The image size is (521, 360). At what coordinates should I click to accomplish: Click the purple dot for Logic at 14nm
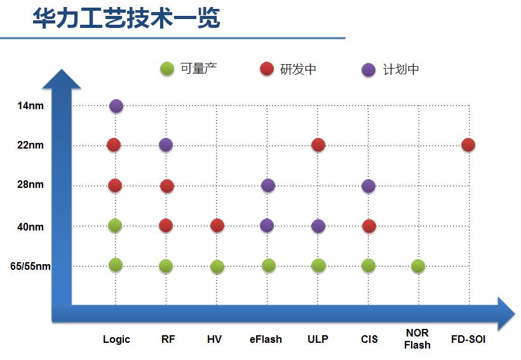pos(116,106)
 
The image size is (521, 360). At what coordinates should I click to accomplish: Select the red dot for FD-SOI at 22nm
pos(468,145)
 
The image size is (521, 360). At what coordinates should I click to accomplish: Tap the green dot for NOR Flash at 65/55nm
pos(418,266)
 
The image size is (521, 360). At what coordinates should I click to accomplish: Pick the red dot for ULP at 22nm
pos(318,145)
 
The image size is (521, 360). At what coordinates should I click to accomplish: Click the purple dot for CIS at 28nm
pos(369,186)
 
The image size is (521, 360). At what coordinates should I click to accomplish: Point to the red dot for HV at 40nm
pos(217,225)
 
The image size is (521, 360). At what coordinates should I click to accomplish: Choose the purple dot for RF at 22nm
pos(166,145)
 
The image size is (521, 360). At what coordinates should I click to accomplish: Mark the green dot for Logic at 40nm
pos(115,225)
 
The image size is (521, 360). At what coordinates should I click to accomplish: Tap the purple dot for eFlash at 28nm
pos(268,185)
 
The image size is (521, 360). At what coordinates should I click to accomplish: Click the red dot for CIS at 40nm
pos(369,225)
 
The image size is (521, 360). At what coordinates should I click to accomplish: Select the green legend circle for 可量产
pos(167,69)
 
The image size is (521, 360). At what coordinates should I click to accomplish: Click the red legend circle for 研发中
pos(267,69)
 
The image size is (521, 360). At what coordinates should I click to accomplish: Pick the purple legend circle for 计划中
pos(369,69)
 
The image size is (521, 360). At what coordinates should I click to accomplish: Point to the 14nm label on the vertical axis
pos(30,105)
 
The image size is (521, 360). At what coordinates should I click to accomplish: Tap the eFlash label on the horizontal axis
pos(266,339)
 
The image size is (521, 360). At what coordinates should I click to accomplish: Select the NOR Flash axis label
pos(417,339)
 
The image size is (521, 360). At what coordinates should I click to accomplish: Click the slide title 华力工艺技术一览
pos(126,18)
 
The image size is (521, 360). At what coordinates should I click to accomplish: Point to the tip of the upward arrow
pos(61,68)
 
